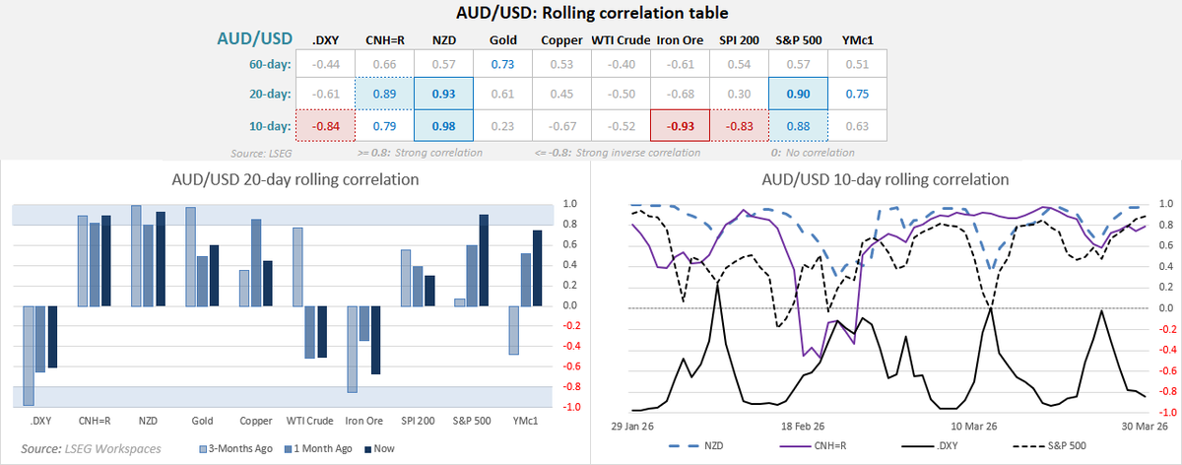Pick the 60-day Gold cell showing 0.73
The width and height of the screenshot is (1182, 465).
coord(502,64)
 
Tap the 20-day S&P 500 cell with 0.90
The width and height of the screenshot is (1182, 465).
coord(798,95)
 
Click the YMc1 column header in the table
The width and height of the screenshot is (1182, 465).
coord(856,40)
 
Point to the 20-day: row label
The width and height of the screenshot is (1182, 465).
coord(268,95)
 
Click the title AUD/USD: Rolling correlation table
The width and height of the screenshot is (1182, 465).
coord(590,14)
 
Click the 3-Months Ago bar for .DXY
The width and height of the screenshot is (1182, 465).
coord(29,355)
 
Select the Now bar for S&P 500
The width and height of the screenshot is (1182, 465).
coord(485,260)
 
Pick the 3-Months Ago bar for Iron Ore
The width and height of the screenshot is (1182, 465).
coord(352,349)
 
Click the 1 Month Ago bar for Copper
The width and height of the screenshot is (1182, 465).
coord(256,262)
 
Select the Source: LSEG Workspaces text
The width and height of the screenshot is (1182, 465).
coord(78,448)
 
